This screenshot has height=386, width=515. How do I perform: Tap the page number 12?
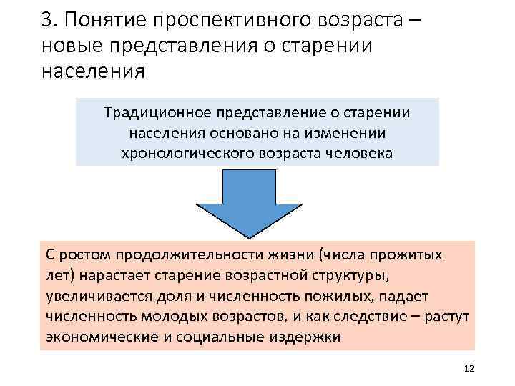(469, 368)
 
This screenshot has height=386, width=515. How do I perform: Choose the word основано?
(243, 133)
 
